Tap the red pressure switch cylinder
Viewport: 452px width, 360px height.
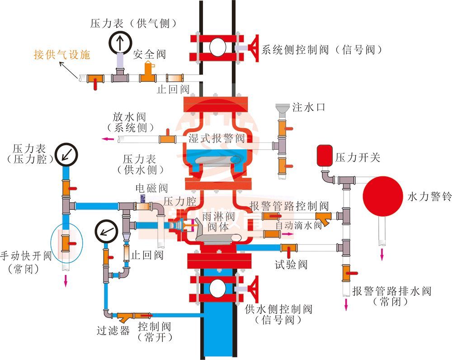[x=324, y=154]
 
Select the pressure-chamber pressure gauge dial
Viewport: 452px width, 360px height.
[x=66, y=154]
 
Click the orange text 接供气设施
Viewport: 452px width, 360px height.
[x=62, y=55]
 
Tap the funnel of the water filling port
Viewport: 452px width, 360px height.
[x=283, y=109]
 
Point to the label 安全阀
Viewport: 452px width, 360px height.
[x=150, y=55]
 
